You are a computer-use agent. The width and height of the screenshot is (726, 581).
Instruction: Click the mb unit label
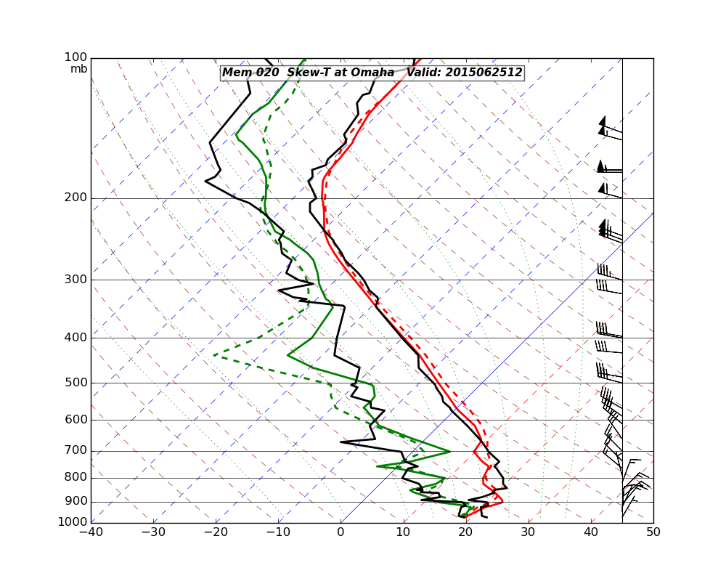[78, 69]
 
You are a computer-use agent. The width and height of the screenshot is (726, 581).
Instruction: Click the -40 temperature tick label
[91, 533]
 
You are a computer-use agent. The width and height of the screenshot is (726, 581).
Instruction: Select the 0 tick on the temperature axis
[340, 533]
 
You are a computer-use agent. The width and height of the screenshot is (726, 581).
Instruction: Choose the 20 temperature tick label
[465, 533]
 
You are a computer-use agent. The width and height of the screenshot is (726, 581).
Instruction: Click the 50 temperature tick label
[653, 533]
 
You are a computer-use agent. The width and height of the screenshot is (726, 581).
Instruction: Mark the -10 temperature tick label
[278, 533]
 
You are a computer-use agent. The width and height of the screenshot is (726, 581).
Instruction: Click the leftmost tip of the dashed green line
[214, 356]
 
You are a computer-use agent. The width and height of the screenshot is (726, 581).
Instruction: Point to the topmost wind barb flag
[603, 121]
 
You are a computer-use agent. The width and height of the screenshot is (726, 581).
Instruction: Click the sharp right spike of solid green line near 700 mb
[449, 452]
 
